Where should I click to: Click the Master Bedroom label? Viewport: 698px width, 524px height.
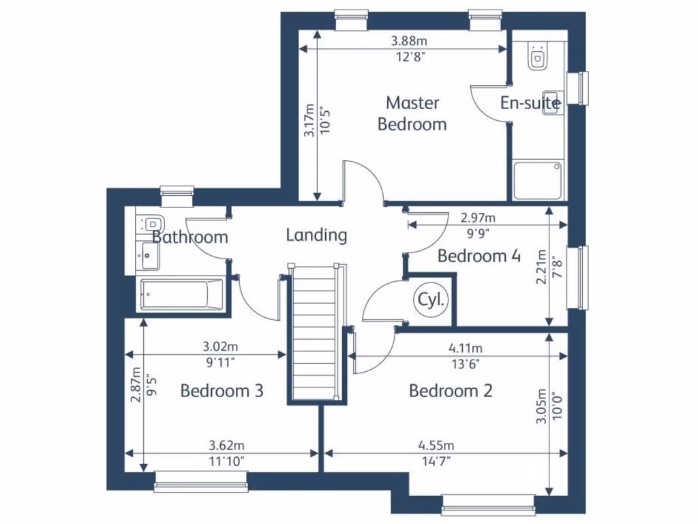412,113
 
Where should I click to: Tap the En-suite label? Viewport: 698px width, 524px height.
530,103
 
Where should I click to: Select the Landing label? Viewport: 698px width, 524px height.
316,235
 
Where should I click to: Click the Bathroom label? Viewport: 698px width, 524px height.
189,237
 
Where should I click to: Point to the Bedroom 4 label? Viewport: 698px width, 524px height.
479,257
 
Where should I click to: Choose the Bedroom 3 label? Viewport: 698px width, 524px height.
222,391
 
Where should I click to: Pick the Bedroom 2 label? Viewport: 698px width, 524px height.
451,391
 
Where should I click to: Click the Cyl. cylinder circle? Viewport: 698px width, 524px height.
431,300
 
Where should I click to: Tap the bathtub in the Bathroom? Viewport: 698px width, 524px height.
181,295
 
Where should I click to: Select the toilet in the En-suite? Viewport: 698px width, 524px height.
537,57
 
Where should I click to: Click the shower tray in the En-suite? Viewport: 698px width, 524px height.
538,180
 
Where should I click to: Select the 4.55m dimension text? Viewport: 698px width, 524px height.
436,446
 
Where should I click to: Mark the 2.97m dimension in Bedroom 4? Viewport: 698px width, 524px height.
478,218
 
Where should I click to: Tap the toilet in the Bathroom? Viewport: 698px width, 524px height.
153,224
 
